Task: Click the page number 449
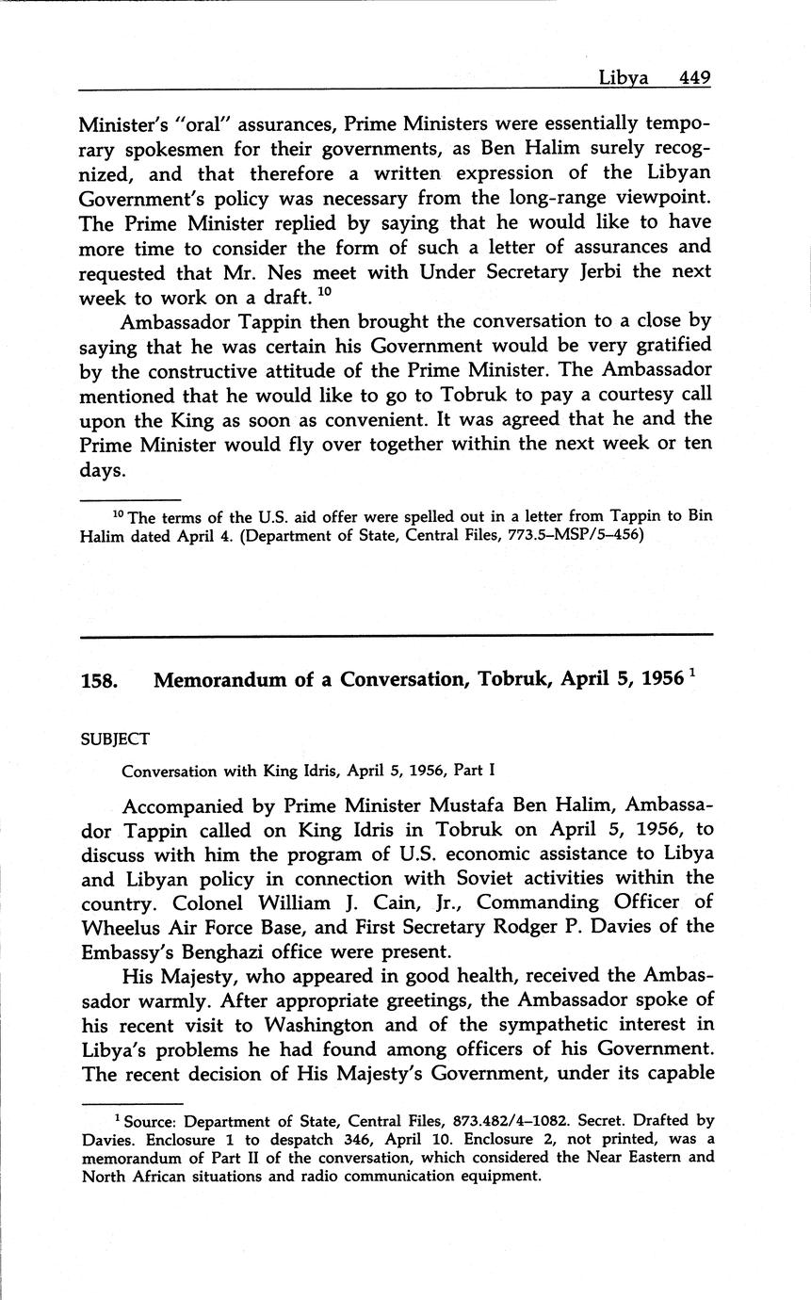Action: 693,77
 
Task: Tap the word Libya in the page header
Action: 624,77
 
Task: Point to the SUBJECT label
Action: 116,739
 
